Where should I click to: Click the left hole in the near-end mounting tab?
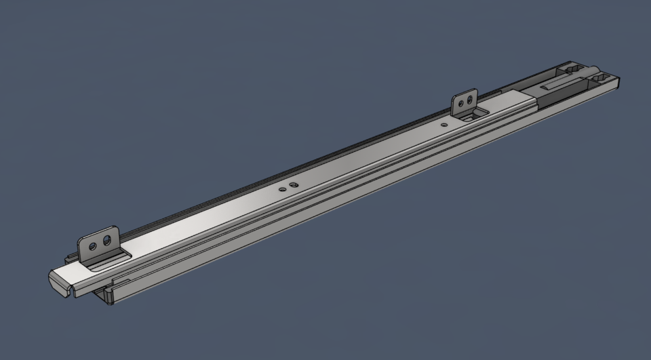click(94, 243)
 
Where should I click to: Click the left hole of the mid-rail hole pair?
click(285, 188)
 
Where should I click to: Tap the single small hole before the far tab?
click(443, 125)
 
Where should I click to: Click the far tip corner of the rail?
click(620, 81)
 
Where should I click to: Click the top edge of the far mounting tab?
click(465, 92)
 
